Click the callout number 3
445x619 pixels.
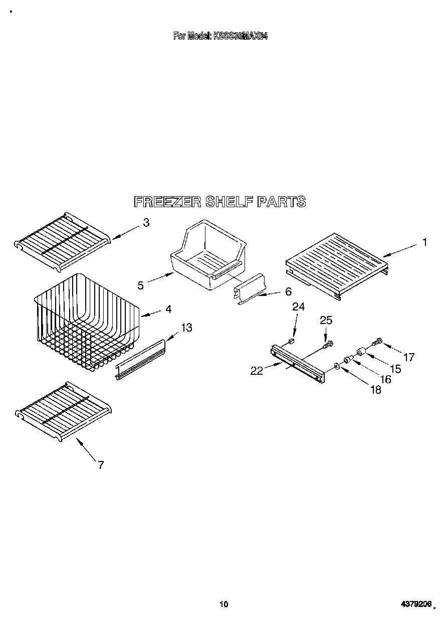(146, 223)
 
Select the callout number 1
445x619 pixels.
(424, 242)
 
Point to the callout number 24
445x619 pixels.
(299, 307)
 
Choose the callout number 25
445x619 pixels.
(326, 320)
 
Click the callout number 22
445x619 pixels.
(257, 371)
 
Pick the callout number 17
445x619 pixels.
(409, 357)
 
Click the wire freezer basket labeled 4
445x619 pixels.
(85, 321)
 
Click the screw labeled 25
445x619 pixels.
(328, 345)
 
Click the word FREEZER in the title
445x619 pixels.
(167, 202)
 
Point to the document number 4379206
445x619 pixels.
(416, 604)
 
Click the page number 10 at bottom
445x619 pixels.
(224, 604)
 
